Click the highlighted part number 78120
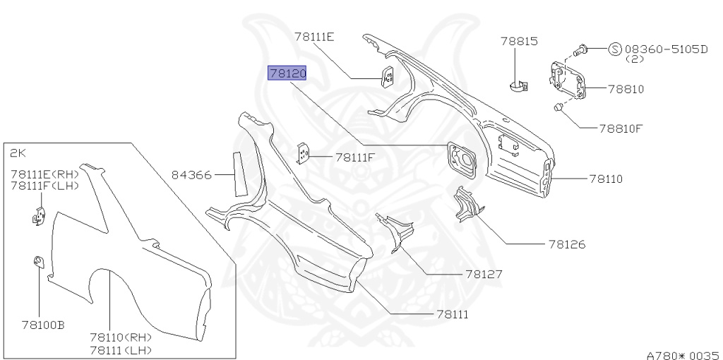coord(287,73)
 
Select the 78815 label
coord(520,42)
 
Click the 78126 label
coord(566,245)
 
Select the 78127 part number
coord(484,274)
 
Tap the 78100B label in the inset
coord(43,325)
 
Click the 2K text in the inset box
coord(18,152)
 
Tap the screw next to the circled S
coord(582,49)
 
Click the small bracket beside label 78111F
coord(303,154)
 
